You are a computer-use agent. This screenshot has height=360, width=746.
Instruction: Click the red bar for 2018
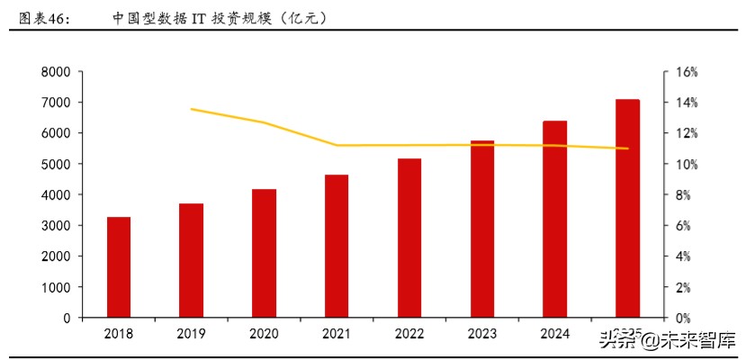tap(119, 267)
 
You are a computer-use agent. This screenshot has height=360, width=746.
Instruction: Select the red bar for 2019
tap(191, 261)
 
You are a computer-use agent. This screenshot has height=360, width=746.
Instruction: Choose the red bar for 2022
tap(409, 238)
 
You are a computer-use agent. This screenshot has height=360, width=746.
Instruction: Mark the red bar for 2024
tap(555, 220)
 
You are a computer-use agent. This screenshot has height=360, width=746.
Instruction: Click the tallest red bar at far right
tap(627, 209)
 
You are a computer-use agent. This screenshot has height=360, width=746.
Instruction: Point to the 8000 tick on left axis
tap(56, 72)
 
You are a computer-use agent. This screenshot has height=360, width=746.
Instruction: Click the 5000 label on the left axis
tap(56, 165)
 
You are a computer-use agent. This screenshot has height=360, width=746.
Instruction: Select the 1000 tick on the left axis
tap(56, 287)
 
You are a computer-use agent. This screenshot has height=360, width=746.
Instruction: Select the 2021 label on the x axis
tap(337, 334)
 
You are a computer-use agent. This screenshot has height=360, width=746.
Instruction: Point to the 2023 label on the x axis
tap(482, 334)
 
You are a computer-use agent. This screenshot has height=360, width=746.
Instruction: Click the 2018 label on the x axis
tap(119, 334)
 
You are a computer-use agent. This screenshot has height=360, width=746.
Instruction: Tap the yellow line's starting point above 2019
tap(192, 109)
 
